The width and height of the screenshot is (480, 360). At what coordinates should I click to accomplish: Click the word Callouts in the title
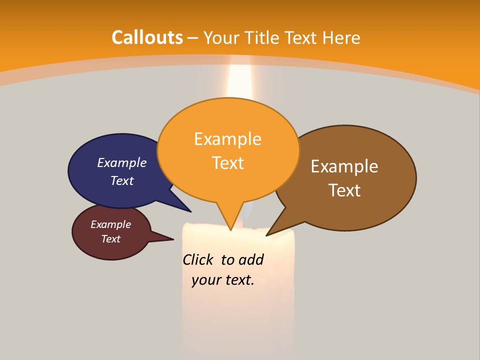click(x=147, y=37)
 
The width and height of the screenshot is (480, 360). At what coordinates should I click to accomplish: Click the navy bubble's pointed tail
click(x=185, y=208)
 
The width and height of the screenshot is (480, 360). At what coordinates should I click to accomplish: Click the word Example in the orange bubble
click(x=228, y=139)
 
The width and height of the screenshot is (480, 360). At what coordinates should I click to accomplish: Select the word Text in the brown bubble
click(x=344, y=190)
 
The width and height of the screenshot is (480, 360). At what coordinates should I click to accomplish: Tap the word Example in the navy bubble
click(x=122, y=162)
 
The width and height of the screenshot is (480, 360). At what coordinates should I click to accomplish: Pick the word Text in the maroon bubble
click(x=111, y=239)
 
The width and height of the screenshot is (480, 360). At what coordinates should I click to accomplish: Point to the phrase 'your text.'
click(x=223, y=280)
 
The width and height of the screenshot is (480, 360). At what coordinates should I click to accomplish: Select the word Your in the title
click(x=220, y=37)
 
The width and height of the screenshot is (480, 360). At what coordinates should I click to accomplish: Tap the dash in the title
click(x=193, y=38)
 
